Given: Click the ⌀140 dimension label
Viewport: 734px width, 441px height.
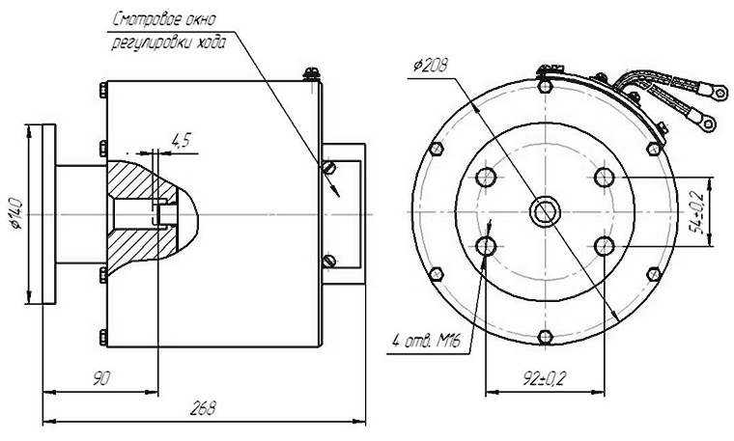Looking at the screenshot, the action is coord(17,213).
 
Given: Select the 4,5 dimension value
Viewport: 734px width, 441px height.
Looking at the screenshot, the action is coord(181,140).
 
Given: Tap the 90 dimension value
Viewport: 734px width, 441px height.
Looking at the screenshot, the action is coord(101,377).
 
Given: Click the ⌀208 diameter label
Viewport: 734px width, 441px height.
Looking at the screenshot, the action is coord(430,65).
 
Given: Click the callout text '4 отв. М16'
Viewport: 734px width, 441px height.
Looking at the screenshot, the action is coord(425,342).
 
